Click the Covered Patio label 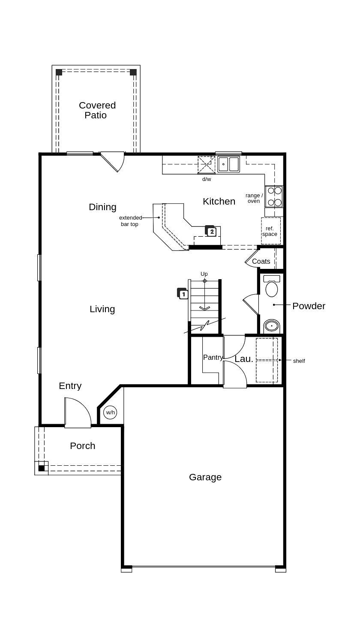click(x=97, y=110)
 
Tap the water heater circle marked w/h click(x=110, y=413)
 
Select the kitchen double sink click(x=228, y=164)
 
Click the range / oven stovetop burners click(x=274, y=196)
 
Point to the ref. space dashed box click(x=270, y=231)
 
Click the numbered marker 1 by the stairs click(x=183, y=294)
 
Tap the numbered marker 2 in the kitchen click(x=211, y=232)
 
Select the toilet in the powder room click(x=272, y=286)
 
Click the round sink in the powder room click(x=271, y=326)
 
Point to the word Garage click(x=205, y=477)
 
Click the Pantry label click(x=213, y=357)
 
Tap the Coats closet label click(x=261, y=261)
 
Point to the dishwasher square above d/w click(x=206, y=165)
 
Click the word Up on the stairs click(x=204, y=274)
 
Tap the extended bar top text click(x=130, y=221)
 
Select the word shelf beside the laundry click(x=299, y=361)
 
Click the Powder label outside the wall click(x=309, y=306)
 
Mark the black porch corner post click(x=42, y=468)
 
